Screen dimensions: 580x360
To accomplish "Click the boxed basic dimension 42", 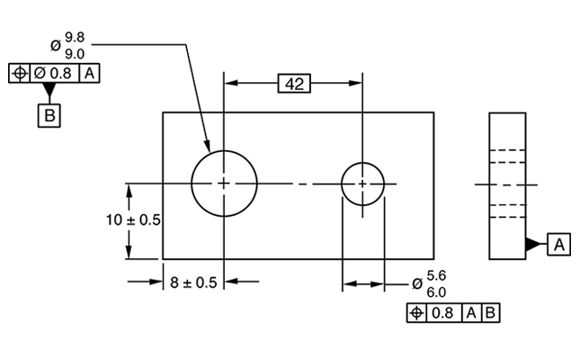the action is click(294, 84).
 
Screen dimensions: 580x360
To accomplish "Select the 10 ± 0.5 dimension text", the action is click(133, 220).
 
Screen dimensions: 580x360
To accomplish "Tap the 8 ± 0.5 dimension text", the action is click(193, 283).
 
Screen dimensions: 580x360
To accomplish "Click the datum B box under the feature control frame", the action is click(49, 115).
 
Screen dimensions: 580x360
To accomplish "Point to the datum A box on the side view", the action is click(559, 245).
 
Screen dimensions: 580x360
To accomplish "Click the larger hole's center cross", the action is click(224, 184).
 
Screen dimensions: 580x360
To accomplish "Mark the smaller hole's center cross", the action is click(363, 184).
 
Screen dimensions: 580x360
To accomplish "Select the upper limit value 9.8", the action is click(76, 38).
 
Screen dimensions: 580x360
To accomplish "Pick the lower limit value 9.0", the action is click(76, 54).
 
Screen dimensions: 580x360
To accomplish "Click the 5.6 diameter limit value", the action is click(436, 275).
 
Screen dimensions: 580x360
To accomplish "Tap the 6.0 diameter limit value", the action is click(436, 292).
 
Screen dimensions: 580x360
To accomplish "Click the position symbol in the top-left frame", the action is click(20, 73).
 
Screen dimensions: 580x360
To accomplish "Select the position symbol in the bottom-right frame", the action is click(417, 313).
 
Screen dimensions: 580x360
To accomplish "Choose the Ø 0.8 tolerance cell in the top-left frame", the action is click(54, 73).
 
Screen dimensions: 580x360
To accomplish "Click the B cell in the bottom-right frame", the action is click(490, 313).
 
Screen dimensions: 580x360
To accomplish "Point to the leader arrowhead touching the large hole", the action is click(208, 146).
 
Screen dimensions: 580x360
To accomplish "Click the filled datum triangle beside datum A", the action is click(533, 245).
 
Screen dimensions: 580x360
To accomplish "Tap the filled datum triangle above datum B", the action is click(49, 89).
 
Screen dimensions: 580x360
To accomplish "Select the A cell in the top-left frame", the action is click(90, 73).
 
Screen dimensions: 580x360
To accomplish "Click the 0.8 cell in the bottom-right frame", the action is click(443, 313).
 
